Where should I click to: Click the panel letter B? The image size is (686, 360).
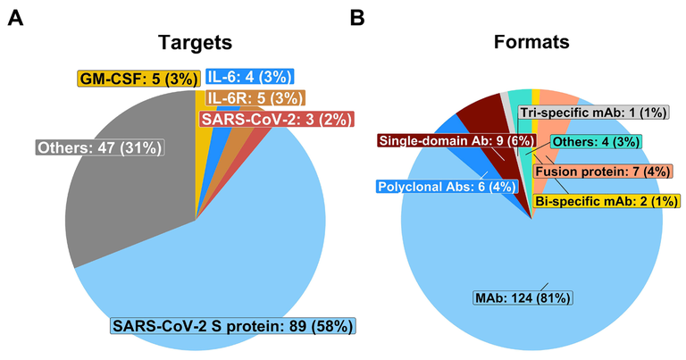[357, 18]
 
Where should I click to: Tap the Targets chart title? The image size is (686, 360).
[195, 42]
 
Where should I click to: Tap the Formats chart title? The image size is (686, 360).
[531, 42]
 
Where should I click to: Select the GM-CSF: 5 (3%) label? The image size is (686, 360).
[139, 79]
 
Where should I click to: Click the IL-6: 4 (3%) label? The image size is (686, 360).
[249, 77]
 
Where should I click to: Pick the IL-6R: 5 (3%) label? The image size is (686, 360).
[255, 98]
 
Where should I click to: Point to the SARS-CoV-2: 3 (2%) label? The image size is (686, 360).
[277, 119]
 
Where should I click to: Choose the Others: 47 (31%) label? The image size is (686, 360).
[100, 147]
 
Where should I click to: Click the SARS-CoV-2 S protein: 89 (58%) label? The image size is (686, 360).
[233, 326]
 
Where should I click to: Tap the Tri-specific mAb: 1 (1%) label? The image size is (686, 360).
[593, 113]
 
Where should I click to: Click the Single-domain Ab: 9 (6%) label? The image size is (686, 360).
[456, 140]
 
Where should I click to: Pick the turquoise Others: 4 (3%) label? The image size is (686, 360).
[596, 142]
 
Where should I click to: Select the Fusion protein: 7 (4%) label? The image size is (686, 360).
[603, 171]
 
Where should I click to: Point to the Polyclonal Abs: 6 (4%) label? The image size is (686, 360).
[447, 187]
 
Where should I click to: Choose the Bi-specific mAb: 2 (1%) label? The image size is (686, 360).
[607, 201]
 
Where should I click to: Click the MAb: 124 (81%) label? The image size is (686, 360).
[523, 297]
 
